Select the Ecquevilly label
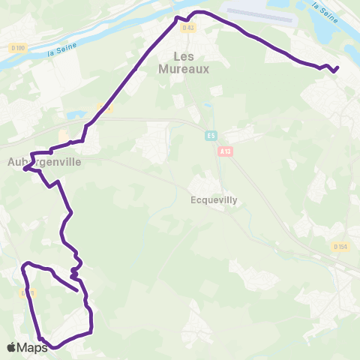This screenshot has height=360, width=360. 213,201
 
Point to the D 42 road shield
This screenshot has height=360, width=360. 188,28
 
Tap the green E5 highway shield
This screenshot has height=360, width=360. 212,136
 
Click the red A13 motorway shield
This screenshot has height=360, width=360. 225,150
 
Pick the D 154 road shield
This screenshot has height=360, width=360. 340,246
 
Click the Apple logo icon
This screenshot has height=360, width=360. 11,347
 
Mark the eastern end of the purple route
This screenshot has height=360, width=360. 337,68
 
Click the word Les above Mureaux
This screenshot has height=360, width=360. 183,55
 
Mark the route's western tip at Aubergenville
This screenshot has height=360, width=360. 25,169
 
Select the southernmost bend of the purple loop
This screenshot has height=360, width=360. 54,348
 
